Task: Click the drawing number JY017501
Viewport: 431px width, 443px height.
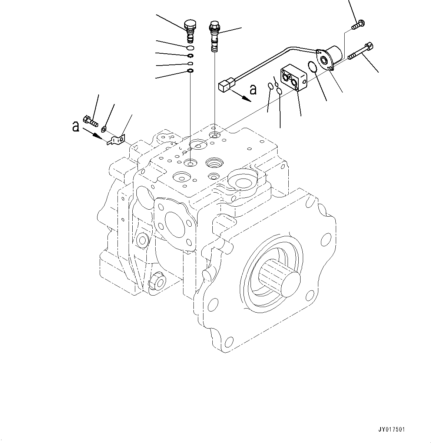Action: (x=392, y=430)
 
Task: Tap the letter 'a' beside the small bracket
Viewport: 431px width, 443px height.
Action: (x=76, y=127)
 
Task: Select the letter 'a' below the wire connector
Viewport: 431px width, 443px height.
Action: (x=253, y=89)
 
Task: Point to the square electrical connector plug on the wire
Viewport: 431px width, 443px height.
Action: (x=225, y=86)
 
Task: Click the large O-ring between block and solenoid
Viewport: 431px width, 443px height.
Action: (x=312, y=68)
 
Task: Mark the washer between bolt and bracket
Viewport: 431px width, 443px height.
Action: (x=104, y=129)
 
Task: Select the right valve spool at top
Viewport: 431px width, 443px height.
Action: (x=215, y=35)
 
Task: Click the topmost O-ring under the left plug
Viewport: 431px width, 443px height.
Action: (x=190, y=48)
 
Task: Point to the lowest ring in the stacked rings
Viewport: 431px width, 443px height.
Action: (x=190, y=71)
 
